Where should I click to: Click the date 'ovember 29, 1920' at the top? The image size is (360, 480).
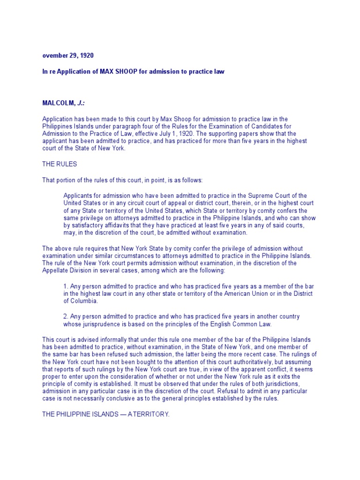point(68,55)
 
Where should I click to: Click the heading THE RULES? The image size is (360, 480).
point(60,164)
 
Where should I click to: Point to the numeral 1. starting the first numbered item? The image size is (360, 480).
point(66,286)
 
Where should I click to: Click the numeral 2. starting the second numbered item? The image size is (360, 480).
point(66,316)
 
